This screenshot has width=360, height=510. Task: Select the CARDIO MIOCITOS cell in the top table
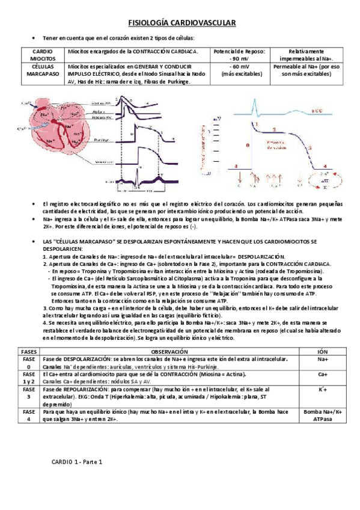[x=41, y=55]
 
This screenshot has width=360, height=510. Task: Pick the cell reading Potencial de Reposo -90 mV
[x=239, y=55]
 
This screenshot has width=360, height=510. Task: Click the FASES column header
[x=29, y=351]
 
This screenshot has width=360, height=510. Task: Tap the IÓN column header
[x=322, y=351]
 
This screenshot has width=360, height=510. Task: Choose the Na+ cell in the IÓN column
[x=322, y=359]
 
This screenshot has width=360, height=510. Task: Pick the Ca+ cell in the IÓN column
[x=322, y=374]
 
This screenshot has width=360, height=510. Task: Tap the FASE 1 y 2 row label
[x=29, y=378]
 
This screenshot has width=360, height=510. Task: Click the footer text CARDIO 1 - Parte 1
[x=78, y=462]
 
